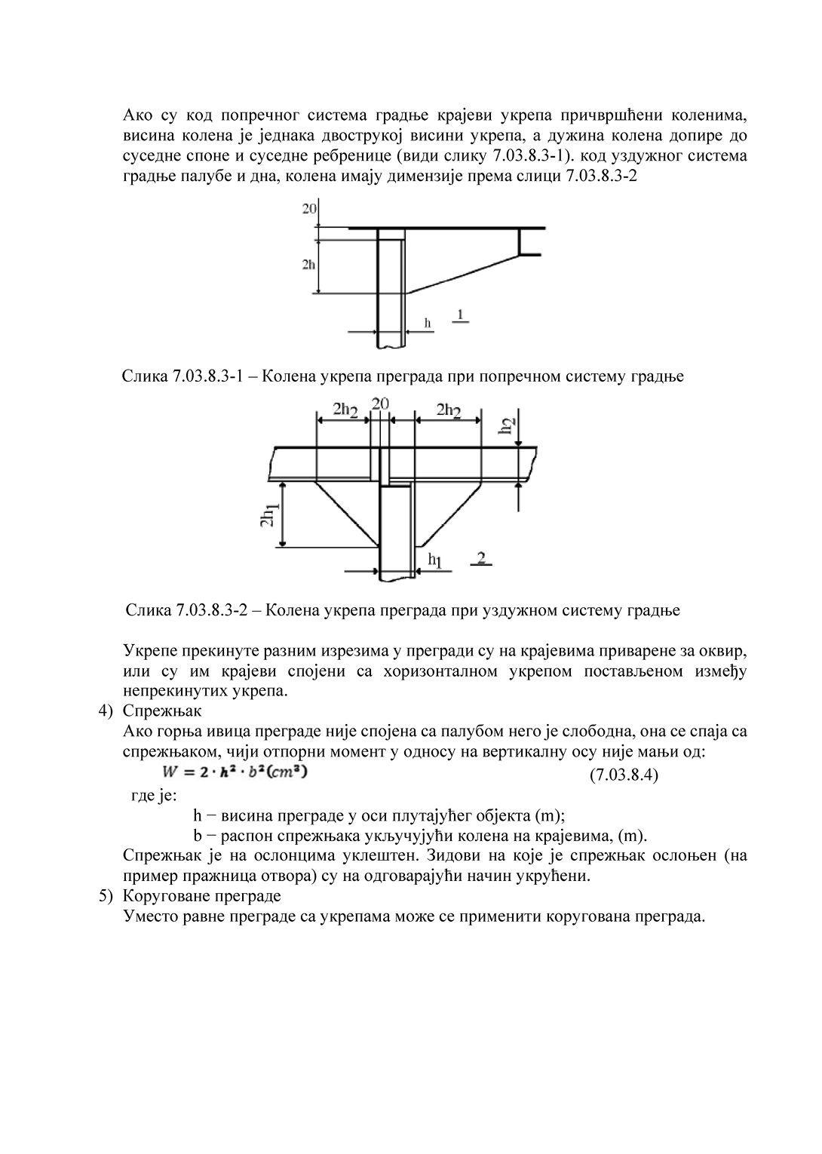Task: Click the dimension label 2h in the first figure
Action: click(308, 265)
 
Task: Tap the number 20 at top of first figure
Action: click(310, 209)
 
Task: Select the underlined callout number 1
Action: click(460, 313)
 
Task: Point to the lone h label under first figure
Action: click(428, 324)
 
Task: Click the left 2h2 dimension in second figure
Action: click(345, 410)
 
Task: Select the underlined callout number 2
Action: click(483, 557)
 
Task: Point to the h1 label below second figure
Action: click(435, 559)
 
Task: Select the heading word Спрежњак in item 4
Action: click(162, 711)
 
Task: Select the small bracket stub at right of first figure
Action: click(529, 242)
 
